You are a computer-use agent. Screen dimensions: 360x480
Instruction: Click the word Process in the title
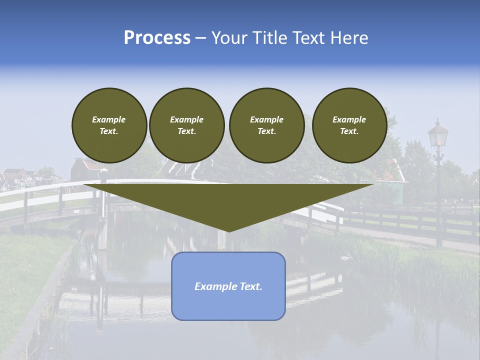pos(157,38)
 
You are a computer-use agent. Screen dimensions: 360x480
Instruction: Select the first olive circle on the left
pos(109,125)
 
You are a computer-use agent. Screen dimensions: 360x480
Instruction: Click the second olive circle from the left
pos(186,125)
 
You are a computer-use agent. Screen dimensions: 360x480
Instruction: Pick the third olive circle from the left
pos(266,125)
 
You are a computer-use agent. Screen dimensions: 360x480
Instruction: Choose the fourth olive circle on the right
pos(349,125)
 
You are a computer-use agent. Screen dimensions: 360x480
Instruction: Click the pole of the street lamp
pos(438,200)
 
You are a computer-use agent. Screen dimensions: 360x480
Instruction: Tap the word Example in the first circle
pos(109,119)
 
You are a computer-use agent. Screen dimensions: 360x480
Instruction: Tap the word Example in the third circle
pos(266,119)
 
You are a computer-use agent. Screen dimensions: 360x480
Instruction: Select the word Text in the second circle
pos(186,131)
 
